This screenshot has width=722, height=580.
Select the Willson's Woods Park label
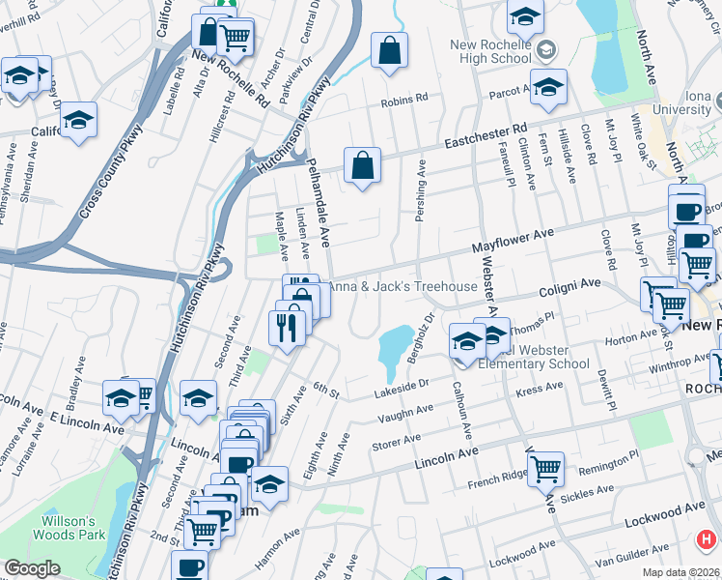tap(68, 524)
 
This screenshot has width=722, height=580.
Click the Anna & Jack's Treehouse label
tap(403, 286)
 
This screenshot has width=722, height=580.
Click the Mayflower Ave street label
tap(512, 240)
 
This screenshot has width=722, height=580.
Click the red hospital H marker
tap(708, 538)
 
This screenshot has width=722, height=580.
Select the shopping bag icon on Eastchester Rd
tap(362, 165)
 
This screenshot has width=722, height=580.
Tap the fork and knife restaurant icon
tap(287, 327)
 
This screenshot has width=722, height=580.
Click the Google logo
tap(32, 568)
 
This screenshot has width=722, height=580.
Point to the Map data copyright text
tap(680, 572)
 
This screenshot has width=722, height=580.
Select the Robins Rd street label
tap(403, 101)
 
